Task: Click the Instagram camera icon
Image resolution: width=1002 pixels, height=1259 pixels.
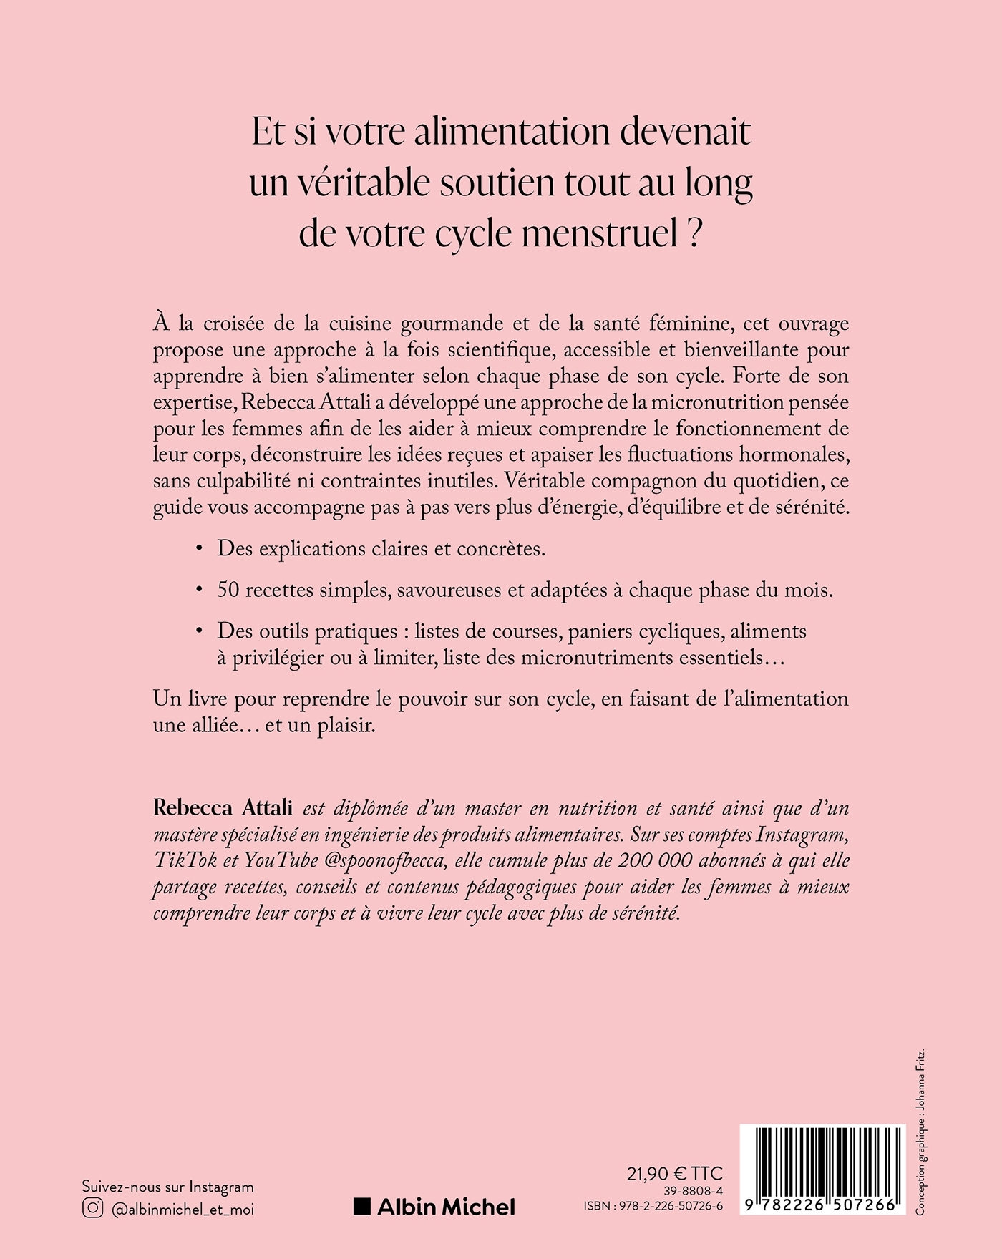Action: coord(92,1208)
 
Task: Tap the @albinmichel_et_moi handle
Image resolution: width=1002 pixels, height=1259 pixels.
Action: coord(183,1209)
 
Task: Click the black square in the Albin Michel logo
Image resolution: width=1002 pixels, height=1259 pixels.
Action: coord(362,1207)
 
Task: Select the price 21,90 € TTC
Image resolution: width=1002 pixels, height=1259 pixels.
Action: coord(674,1174)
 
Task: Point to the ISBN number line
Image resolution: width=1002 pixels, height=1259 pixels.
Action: coord(653,1207)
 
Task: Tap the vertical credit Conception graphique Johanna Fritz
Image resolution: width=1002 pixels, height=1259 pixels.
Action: coord(920,1131)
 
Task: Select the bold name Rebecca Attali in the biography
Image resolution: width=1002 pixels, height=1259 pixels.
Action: coord(223,808)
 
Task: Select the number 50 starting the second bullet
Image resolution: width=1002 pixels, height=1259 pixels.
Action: coord(228,590)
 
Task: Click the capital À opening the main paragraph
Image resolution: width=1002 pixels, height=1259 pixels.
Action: coord(161,322)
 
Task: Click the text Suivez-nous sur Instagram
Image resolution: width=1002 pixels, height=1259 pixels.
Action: coord(167,1187)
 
